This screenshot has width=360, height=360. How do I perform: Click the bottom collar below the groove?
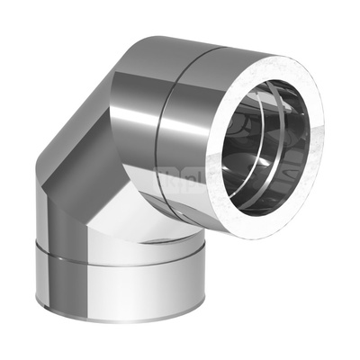117,297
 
